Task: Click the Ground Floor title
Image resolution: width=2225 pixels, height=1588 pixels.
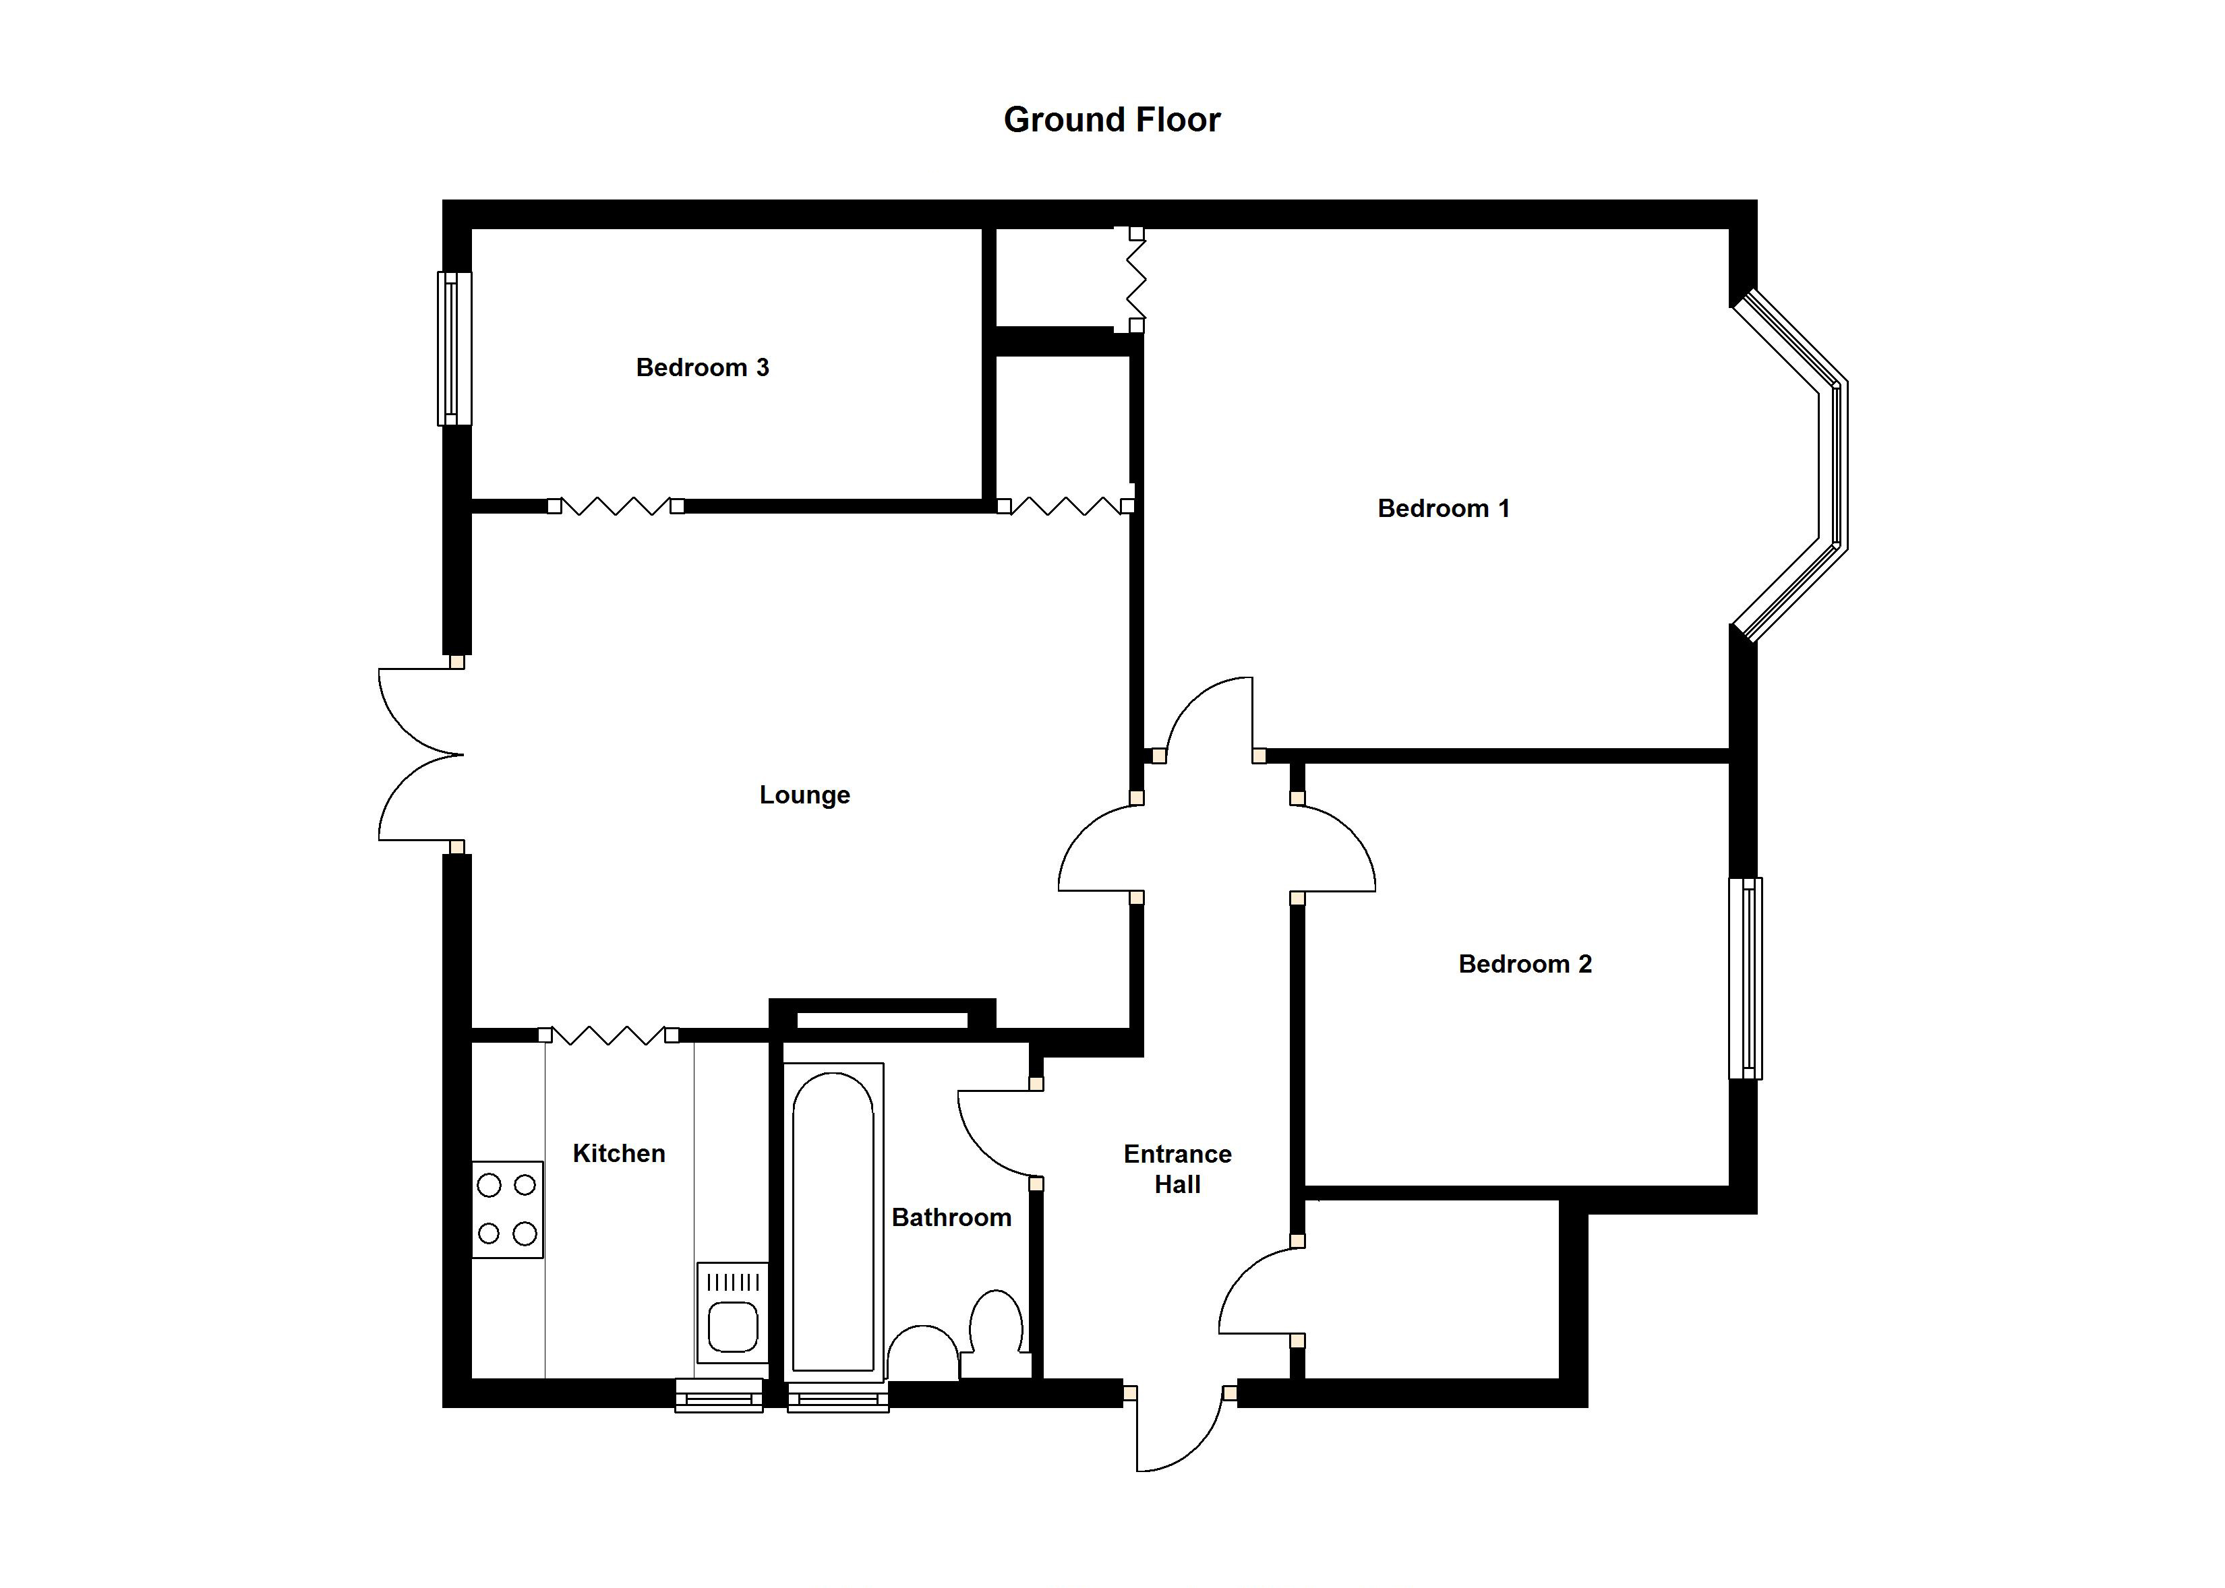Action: pos(1112,120)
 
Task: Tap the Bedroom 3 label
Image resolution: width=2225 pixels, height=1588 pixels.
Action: pos(702,367)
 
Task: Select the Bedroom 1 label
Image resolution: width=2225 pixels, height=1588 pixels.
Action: pos(1444,508)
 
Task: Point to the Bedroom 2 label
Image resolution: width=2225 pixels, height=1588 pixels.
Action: pos(1524,964)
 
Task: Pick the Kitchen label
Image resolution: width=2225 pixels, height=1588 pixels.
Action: pos(619,1154)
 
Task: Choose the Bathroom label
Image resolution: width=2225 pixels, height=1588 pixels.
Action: pos(951,1217)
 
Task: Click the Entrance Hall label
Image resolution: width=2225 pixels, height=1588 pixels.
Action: pos(1177,1169)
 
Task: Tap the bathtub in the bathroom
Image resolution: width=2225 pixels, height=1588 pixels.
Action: pos(833,1221)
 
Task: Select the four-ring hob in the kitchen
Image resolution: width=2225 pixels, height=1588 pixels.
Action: pos(508,1210)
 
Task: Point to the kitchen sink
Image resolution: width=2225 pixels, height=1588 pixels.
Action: pos(732,1312)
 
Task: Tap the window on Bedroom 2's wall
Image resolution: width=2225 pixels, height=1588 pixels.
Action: pos(1746,978)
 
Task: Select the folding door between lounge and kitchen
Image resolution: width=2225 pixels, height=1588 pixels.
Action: pos(608,1035)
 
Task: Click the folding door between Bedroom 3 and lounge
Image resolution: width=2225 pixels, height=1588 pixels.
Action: pos(615,506)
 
